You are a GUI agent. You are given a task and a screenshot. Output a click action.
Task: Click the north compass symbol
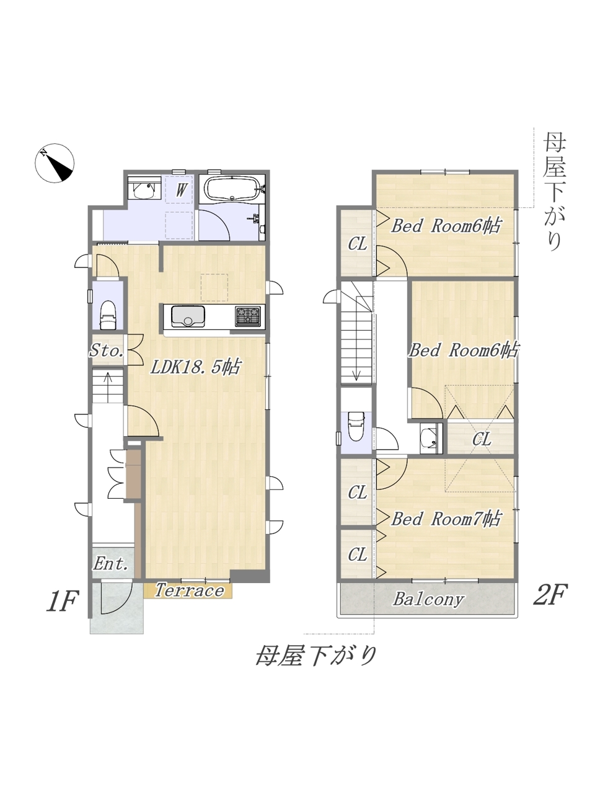click(x=55, y=163)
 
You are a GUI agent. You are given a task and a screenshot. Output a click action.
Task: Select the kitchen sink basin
click(x=188, y=316)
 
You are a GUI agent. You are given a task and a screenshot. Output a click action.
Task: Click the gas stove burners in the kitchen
click(x=248, y=316)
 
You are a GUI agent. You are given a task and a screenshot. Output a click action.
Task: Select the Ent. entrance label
click(x=110, y=564)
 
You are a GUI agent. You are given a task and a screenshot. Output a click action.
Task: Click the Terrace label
click(x=189, y=591)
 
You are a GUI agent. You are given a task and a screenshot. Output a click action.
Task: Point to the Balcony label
click(x=428, y=599)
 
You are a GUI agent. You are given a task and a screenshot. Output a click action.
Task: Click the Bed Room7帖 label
click(x=446, y=519)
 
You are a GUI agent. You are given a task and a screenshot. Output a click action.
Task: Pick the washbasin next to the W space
click(x=144, y=189)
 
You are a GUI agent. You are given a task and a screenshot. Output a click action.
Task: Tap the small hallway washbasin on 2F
click(x=429, y=437)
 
